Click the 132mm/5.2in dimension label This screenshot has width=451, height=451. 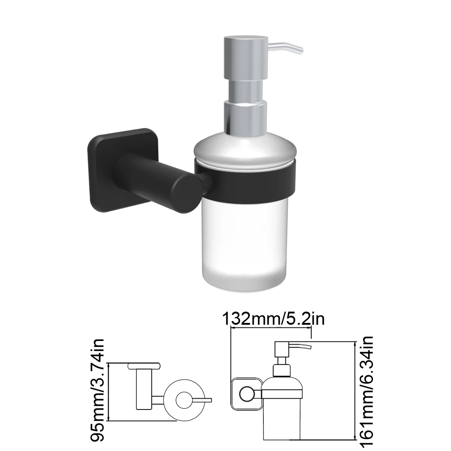[x=273, y=319]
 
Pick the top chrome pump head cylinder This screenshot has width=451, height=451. [x=246, y=59]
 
